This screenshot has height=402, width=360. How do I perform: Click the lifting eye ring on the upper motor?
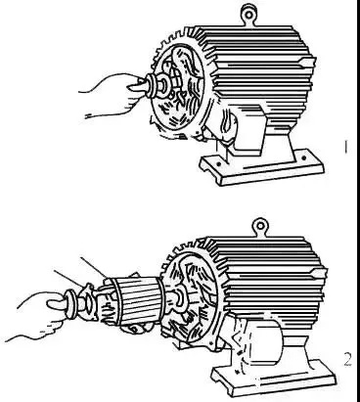(x=247, y=14)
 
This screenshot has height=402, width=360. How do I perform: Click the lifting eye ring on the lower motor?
(x=260, y=226)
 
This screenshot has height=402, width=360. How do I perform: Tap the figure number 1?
(x=346, y=148)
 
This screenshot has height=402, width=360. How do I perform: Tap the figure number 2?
(x=347, y=359)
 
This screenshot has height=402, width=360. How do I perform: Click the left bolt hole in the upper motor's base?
(x=219, y=162)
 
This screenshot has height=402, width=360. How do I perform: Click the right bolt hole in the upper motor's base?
(x=303, y=158)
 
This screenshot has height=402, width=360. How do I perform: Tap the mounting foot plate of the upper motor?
(x=261, y=167)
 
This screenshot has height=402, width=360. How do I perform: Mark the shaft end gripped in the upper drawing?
(x=137, y=85)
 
